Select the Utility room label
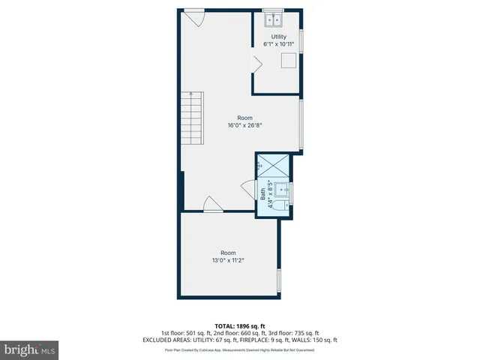pos(279,36)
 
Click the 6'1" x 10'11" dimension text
pos(279,44)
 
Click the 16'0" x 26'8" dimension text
pos(244,126)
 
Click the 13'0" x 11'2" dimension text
pos(228,260)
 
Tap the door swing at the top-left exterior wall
pos(194,16)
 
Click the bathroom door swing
pos(248,189)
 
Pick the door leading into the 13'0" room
pos(212,204)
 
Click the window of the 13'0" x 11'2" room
pos(279,280)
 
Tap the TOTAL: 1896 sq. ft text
pos(239,325)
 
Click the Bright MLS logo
pos(29,349)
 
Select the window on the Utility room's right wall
pos(301,41)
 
